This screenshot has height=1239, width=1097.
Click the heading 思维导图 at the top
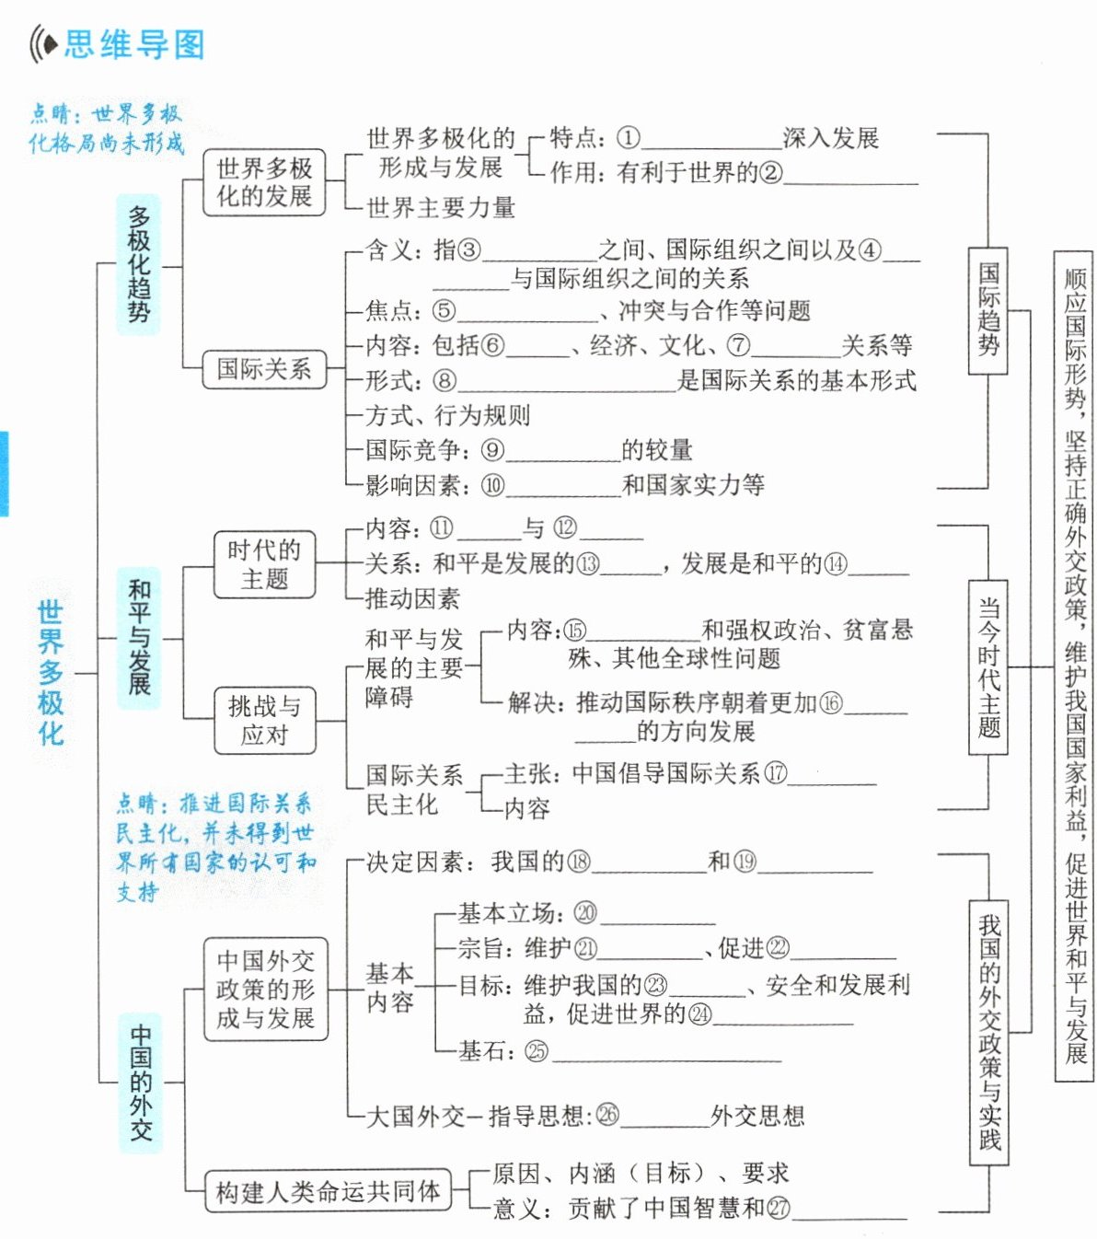(134, 44)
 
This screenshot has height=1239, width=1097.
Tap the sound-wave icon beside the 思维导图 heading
(43, 44)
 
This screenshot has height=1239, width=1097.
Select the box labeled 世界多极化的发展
(264, 182)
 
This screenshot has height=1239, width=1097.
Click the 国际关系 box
(264, 369)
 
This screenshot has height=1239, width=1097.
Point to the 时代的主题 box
(264, 564)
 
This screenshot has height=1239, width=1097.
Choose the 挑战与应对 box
(264, 720)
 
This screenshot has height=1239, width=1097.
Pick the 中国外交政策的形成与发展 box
(265, 990)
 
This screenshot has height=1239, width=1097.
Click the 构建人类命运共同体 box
(328, 1192)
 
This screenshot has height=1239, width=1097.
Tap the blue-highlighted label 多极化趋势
(138, 263)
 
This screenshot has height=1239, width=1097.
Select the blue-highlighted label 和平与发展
(139, 638)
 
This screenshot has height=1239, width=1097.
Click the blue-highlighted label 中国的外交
(140, 1083)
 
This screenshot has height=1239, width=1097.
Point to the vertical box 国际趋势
(988, 310)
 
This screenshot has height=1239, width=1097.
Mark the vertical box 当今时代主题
(988, 666)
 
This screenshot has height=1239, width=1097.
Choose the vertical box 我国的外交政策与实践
(989, 1032)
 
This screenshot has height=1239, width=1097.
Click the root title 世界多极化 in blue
(51, 673)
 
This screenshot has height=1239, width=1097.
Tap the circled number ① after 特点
(628, 139)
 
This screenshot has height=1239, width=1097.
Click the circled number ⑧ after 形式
(445, 381)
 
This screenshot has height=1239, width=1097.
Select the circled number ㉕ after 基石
(536, 1051)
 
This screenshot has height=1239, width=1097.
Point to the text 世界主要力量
(441, 208)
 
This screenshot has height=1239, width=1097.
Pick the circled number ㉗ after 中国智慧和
(779, 1207)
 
